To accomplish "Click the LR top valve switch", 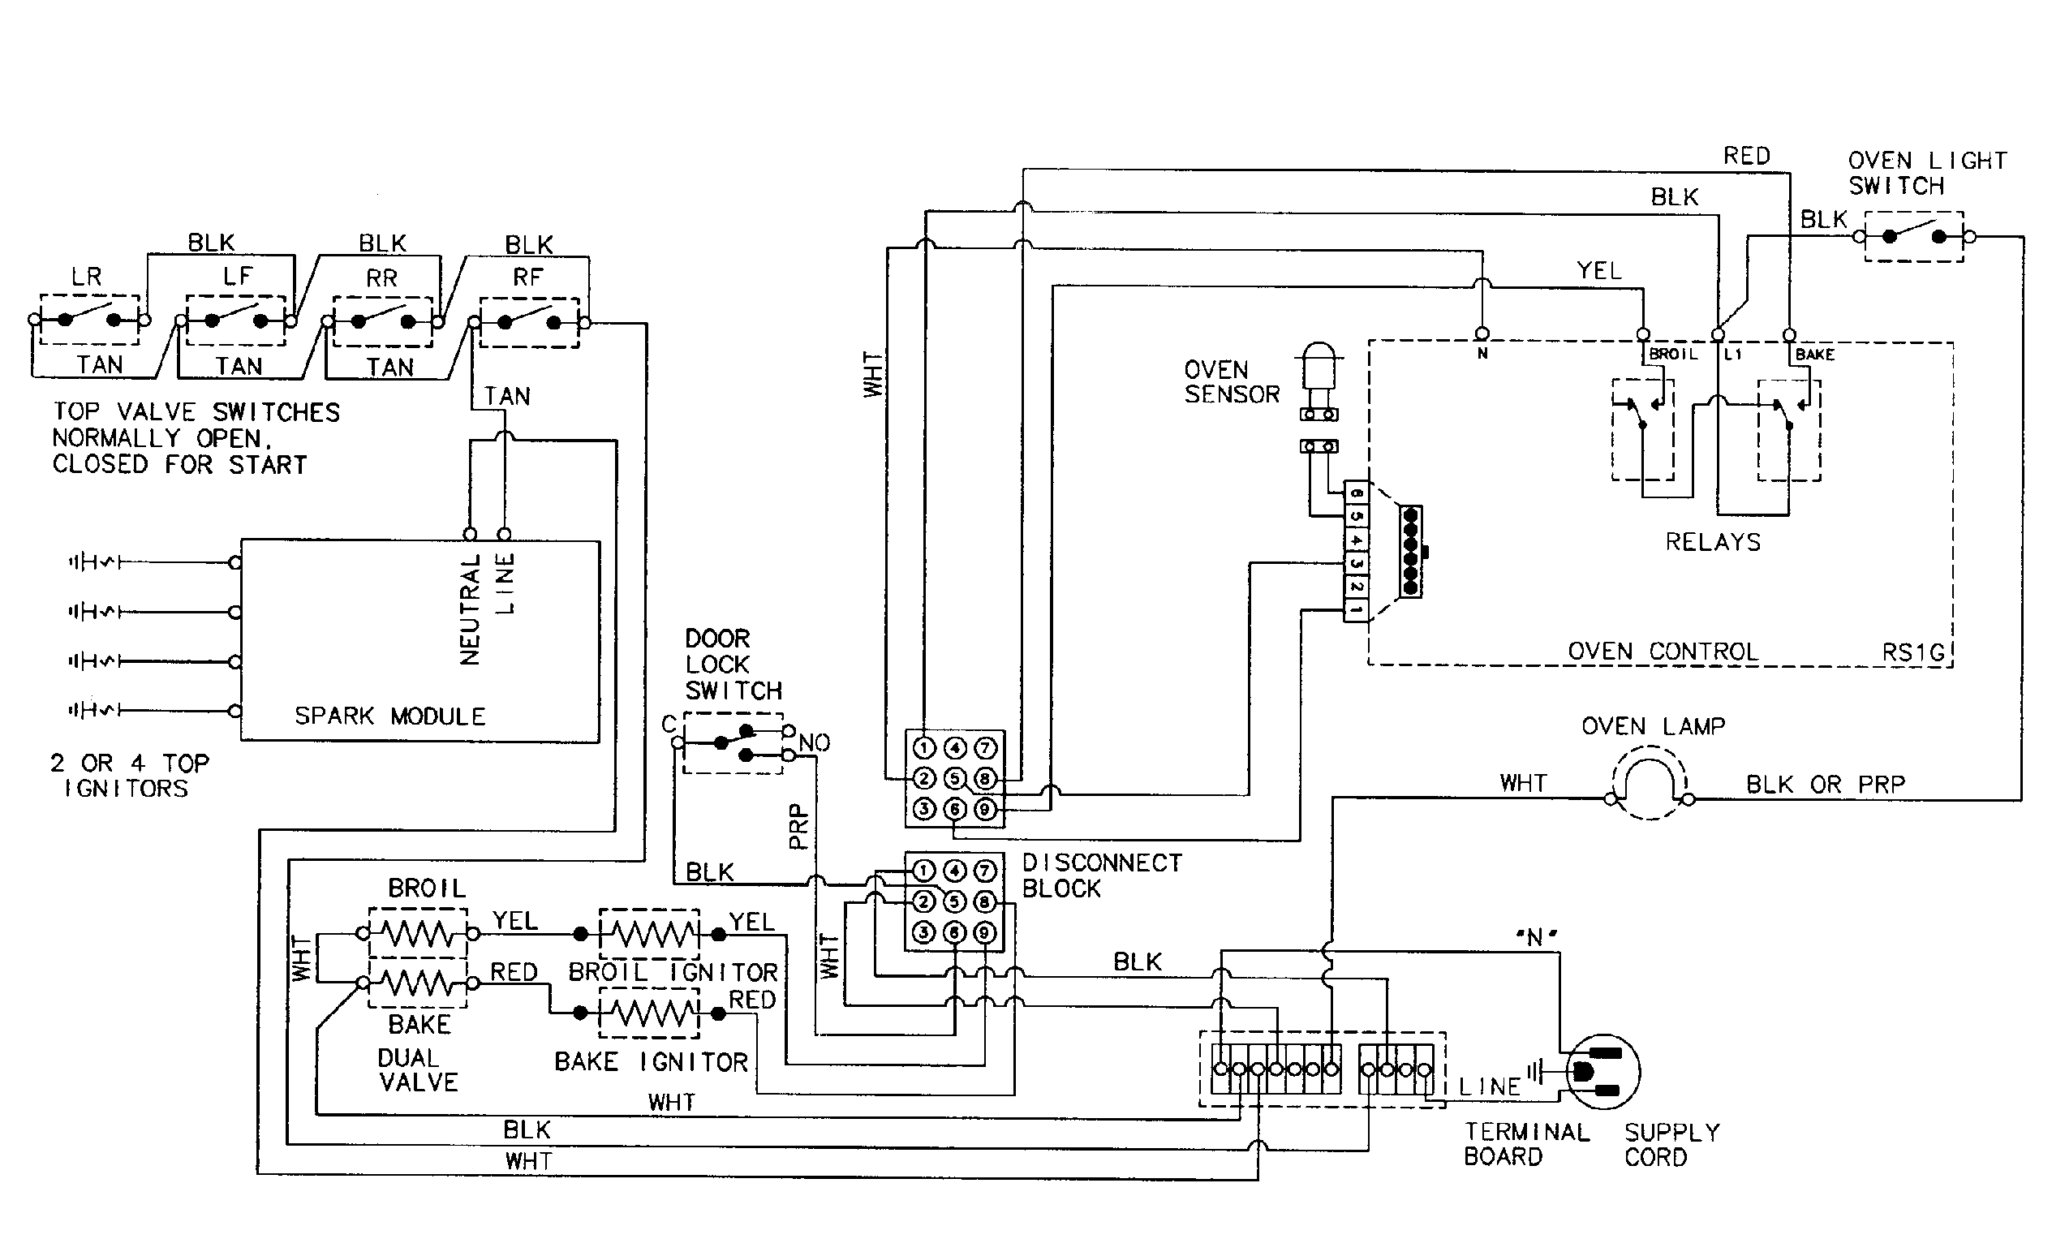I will tap(89, 319).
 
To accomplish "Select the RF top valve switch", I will tap(529, 322).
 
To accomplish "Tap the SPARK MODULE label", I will tap(389, 716).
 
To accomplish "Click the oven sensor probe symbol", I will tap(1319, 379).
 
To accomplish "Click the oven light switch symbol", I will tap(1914, 236).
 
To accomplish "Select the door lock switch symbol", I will tap(733, 742).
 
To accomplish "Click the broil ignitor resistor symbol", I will tap(650, 934).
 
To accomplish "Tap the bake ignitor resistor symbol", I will tap(650, 1013).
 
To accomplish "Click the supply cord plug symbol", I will tap(1602, 1072).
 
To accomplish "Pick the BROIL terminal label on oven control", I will tap(1673, 354).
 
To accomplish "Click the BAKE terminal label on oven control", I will tap(1814, 355).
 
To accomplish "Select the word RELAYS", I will tap(1712, 542).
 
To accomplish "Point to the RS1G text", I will tap(1913, 652).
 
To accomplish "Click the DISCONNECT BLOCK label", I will tap(1101, 875).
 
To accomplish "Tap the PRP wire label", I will tap(798, 826).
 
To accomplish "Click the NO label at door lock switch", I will tap(814, 742).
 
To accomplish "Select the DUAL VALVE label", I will tap(418, 1070).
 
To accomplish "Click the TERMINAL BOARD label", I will tap(1525, 1144).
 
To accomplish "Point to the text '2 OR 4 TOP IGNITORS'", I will tap(129, 775).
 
